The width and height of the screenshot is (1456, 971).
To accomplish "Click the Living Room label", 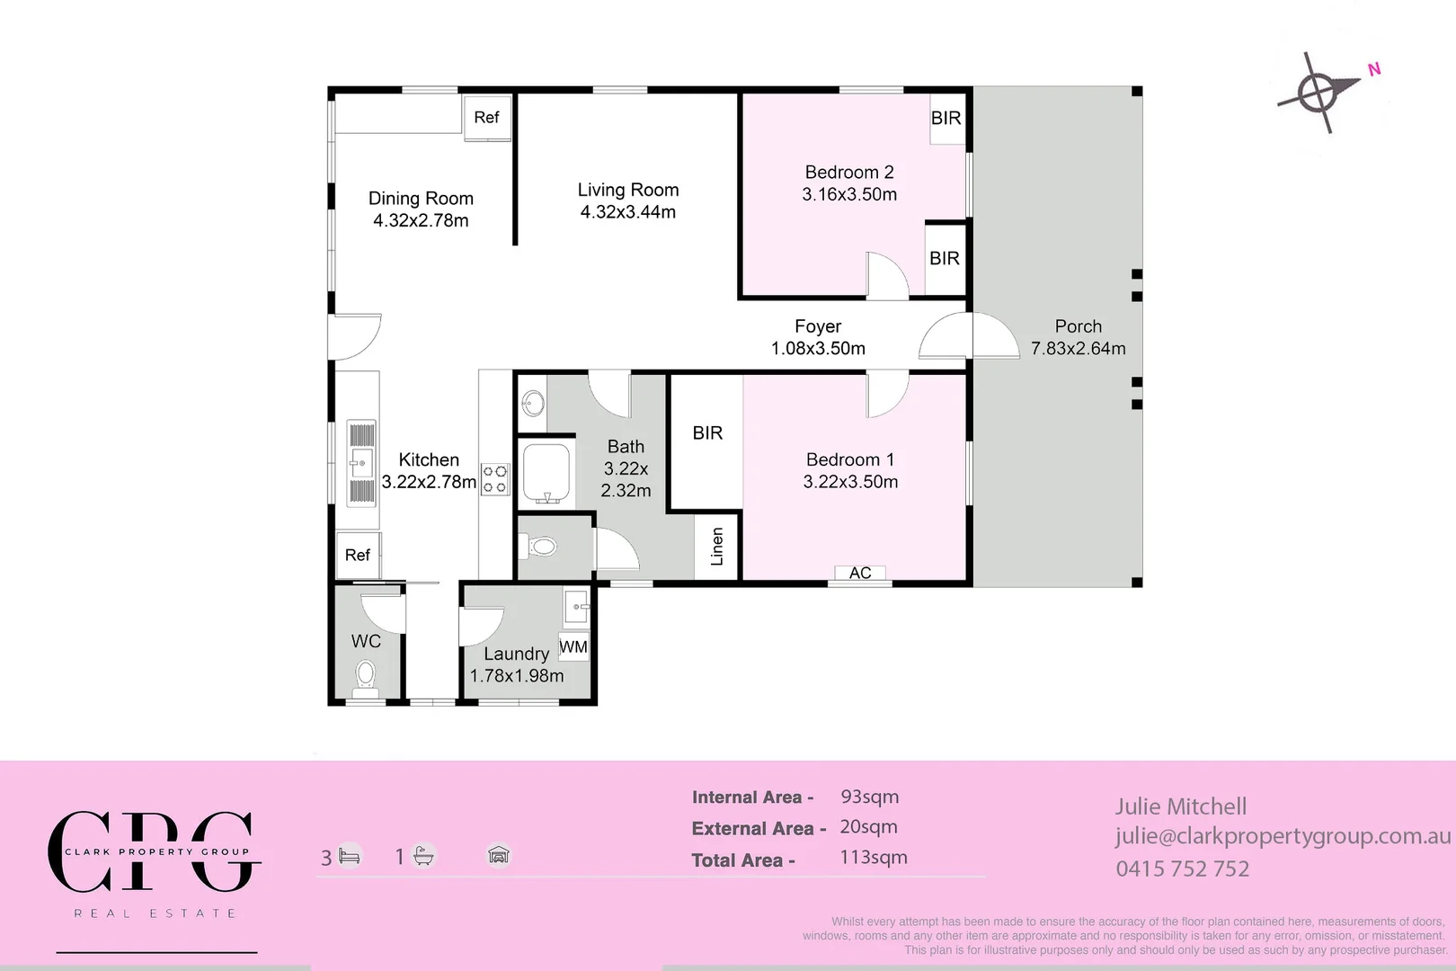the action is tap(628, 190).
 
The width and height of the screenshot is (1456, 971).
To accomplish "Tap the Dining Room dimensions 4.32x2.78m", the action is tap(421, 220).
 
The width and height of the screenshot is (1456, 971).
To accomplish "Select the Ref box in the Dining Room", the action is tap(487, 117).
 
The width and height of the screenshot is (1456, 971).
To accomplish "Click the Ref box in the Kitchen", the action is tap(358, 555).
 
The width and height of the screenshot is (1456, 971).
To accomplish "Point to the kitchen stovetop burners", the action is tap(494, 479).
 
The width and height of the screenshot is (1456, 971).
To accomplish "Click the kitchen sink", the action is tap(361, 463).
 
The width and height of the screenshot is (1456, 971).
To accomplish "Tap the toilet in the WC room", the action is tap(366, 676).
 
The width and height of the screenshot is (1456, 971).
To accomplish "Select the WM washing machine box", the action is tap(573, 647).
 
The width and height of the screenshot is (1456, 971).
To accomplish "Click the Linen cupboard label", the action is tap(717, 547).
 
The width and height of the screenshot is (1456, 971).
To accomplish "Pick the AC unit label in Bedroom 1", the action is tap(860, 573).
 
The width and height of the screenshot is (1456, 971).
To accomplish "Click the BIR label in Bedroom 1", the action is tap(707, 433).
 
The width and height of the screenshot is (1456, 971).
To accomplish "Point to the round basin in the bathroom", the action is tap(533, 403).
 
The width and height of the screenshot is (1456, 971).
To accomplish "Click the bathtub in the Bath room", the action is tap(546, 473).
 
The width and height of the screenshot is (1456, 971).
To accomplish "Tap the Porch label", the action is tap(1078, 326).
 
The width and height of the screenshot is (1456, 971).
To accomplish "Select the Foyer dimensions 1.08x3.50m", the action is tap(818, 349).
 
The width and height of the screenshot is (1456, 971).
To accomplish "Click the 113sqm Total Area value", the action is tap(874, 857).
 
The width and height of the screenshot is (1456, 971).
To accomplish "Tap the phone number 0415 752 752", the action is tap(1183, 869).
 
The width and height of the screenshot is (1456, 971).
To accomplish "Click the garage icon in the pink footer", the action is tap(499, 855).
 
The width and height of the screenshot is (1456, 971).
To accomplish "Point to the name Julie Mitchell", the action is tap(1181, 807).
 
